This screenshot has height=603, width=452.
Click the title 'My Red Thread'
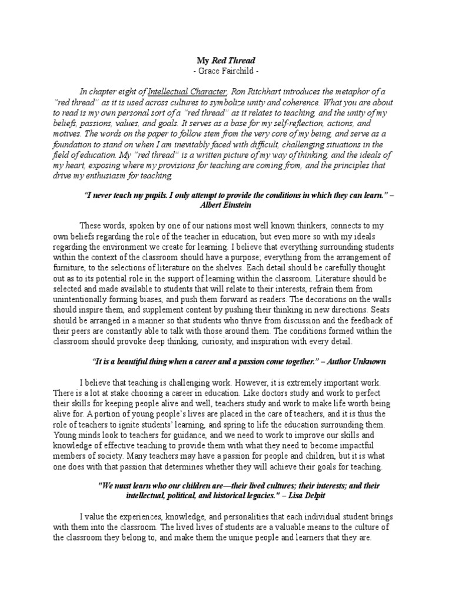pos(226,60)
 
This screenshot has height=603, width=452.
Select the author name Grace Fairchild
pos(226,71)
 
